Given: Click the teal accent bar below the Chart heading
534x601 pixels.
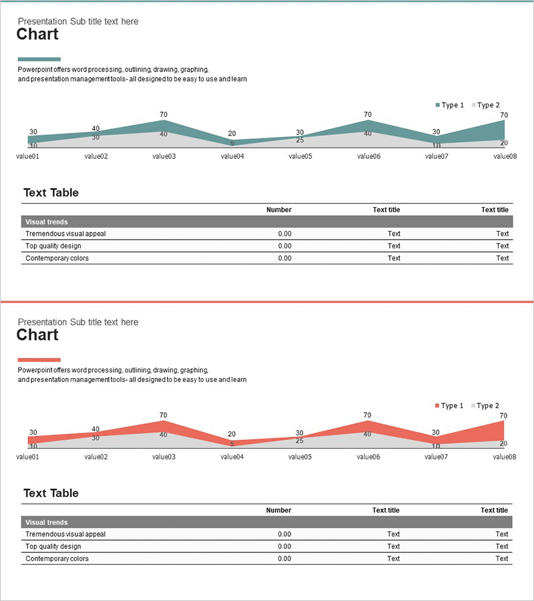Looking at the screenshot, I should (x=39, y=59).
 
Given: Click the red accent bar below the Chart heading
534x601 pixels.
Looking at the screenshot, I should (x=39, y=359).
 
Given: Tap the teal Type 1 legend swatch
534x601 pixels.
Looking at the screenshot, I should (x=438, y=106).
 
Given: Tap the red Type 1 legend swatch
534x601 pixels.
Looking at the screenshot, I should (x=438, y=406).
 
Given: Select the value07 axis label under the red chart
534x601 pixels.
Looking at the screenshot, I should (x=436, y=457).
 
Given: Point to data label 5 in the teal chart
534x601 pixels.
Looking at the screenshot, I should (x=232, y=143).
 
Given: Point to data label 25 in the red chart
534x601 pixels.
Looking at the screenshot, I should (x=300, y=441).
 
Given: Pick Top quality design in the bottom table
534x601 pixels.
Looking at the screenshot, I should (x=53, y=546).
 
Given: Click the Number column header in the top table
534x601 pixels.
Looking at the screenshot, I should (x=278, y=210).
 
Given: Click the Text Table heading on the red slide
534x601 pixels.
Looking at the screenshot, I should (x=51, y=493).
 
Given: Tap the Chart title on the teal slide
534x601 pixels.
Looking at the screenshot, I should (x=37, y=35).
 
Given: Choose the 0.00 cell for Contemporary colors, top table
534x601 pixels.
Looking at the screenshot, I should (x=284, y=258).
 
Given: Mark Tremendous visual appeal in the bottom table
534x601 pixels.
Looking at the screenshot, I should (x=65, y=534).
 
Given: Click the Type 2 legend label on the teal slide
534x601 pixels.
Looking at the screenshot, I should (x=489, y=106).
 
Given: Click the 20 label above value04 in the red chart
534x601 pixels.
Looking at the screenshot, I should (x=232, y=434).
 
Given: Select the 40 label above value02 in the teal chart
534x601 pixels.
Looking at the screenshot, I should (x=95, y=128).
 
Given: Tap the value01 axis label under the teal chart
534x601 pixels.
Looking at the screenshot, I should (x=27, y=156).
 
